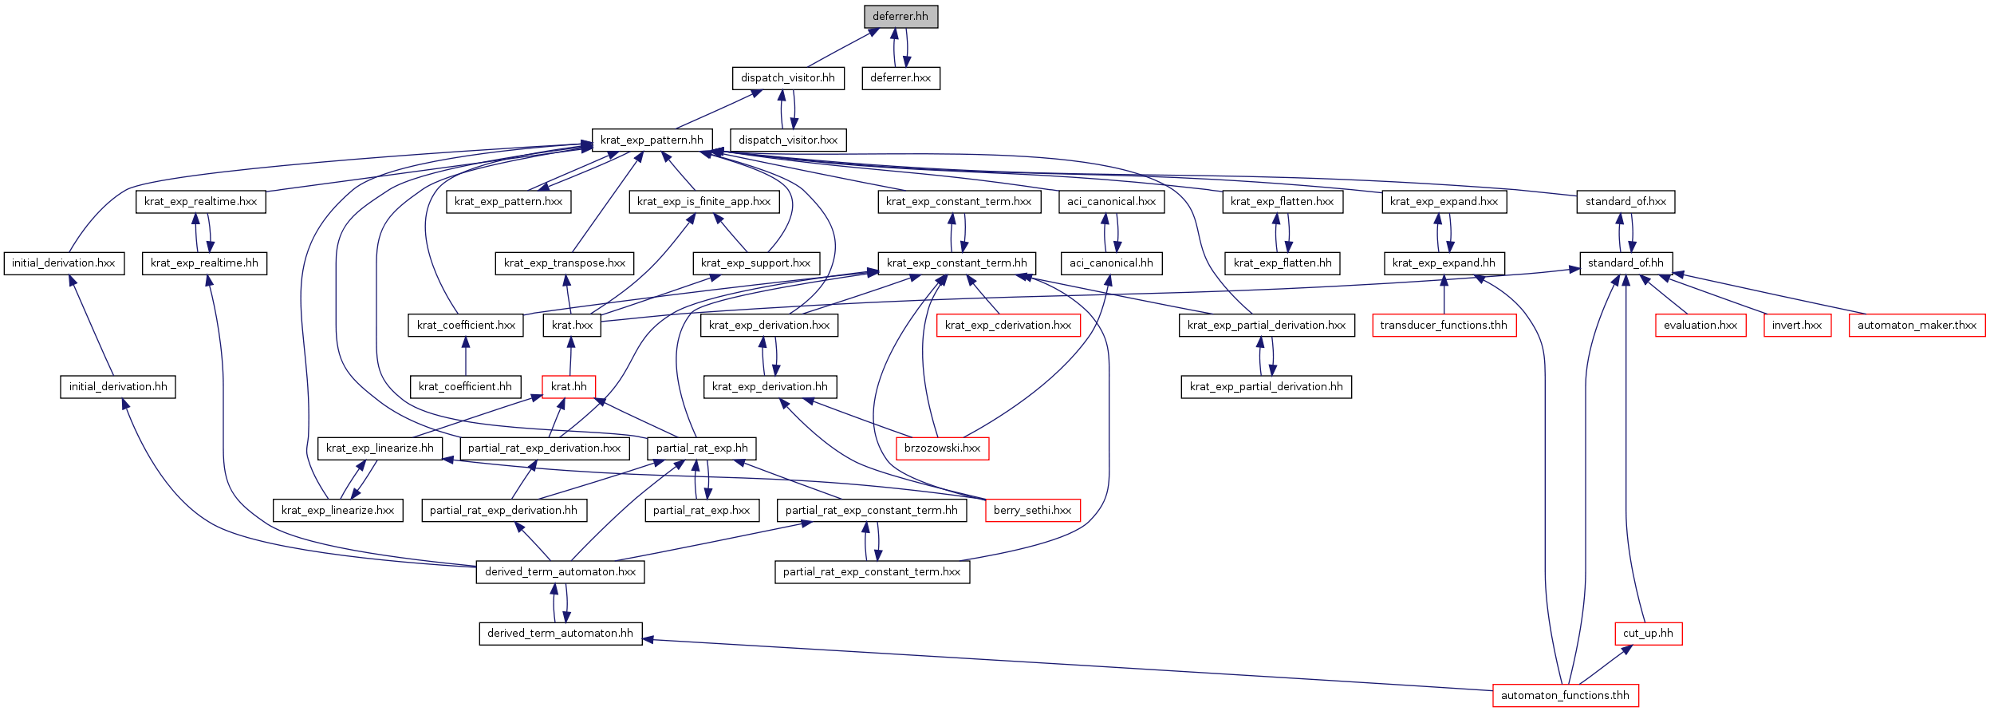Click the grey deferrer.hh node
(900, 16)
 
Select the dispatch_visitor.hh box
(788, 78)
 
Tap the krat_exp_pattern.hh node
(652, 140)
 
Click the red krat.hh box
(569, 387)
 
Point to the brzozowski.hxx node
(942, 448)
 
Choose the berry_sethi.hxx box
(1032, 511)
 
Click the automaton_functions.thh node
(1565, 695)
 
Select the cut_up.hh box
(1648, 634)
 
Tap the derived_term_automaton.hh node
(560, 634)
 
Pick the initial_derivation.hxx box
(64, 263)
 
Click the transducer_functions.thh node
(1444, 325)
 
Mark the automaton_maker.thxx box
(1917, 325)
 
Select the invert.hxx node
(1797, 325)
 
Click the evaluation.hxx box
(1700, 325)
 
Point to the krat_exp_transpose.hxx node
(565, 263)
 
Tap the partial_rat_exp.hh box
(702, 448)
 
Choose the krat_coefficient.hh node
(465, 387)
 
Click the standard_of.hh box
(1625, 263)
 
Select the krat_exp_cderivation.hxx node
(1008, 325)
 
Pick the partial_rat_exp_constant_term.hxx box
(872, 572)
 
